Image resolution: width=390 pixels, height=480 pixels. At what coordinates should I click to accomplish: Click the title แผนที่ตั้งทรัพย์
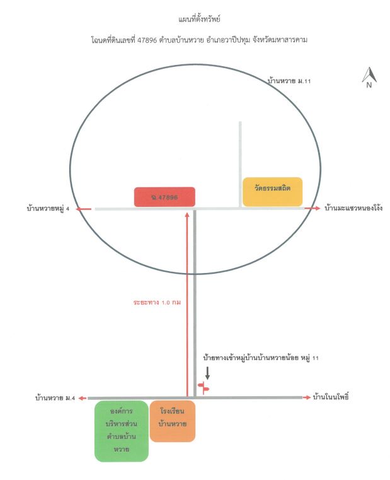(199, 20)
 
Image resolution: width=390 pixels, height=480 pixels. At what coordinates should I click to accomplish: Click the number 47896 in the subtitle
(147, 40)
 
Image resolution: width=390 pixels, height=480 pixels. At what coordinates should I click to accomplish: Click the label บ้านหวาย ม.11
(289, 81)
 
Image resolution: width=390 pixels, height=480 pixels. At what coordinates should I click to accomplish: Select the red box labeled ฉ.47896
(164, 197)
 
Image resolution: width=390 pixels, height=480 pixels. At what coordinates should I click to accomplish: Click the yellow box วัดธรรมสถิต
(272, 192)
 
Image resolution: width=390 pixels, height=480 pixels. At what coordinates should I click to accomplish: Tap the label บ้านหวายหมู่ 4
(48, 209)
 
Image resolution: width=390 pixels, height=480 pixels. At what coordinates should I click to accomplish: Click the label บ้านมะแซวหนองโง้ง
(353, 208)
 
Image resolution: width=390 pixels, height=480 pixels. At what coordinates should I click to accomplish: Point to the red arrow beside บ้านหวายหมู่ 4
(84, 209)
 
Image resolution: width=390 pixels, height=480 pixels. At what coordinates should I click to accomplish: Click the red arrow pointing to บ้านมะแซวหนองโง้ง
(313, 208)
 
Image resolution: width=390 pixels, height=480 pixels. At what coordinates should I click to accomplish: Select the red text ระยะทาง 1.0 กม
(157, 303)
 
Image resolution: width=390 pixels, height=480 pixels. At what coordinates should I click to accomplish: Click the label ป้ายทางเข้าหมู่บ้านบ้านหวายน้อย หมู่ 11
(261, 358)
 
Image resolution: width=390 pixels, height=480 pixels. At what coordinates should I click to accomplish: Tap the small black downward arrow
(207, 373)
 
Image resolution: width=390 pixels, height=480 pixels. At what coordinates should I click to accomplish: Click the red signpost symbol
(204, 388)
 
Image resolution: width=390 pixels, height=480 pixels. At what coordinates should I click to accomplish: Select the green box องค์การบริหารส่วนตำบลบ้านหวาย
(122, 431)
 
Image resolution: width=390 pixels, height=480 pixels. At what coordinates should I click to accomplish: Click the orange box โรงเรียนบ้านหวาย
(172, 421)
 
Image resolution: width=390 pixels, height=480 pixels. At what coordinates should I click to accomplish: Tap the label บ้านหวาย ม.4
(55, 398)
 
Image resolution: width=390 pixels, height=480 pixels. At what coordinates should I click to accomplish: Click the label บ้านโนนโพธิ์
(331, 397)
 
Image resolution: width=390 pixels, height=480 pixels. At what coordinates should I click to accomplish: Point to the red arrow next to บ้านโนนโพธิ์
(307, 397)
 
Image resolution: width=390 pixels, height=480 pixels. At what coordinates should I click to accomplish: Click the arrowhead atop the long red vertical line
(187, 214)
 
